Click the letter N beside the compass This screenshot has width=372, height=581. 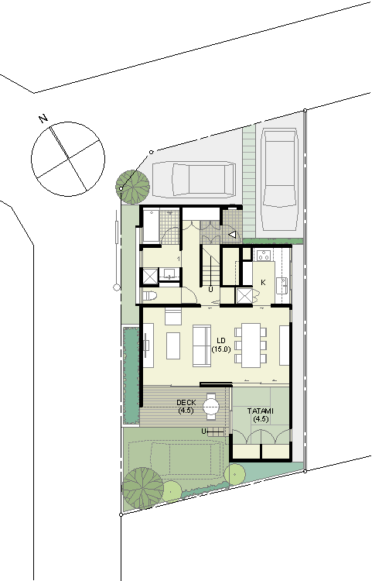coord(43,119)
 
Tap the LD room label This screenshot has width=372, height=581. coord(221,340)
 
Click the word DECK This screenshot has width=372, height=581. coord(186,402)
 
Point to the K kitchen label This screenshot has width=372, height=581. coord(263,282)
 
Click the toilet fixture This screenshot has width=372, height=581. coord(150,295)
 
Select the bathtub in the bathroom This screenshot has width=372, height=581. coord(152,225)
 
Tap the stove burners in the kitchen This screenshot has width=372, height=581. coord(264,255)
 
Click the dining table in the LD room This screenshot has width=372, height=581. coord(251,346)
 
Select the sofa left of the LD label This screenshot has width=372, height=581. coord(202,346)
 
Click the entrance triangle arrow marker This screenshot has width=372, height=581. coord(232,234)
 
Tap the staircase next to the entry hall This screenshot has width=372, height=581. coord(211,265)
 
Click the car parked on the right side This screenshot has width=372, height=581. coord(279,180)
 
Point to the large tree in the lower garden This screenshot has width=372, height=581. coord(143,488)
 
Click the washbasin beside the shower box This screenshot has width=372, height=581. coord(169,273)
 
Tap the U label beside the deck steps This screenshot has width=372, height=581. coord(203,431)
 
